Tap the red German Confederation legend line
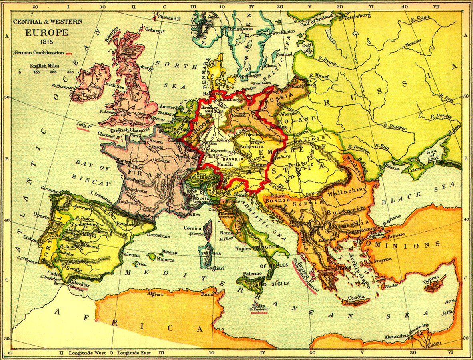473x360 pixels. click(x=68, y=53)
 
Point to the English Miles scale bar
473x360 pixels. click(x=45, y=70)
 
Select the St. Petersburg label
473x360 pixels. click(x=355, y=16)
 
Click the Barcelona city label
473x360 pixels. click(x=158, y=236)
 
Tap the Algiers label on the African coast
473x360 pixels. click(x=155, y=294)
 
